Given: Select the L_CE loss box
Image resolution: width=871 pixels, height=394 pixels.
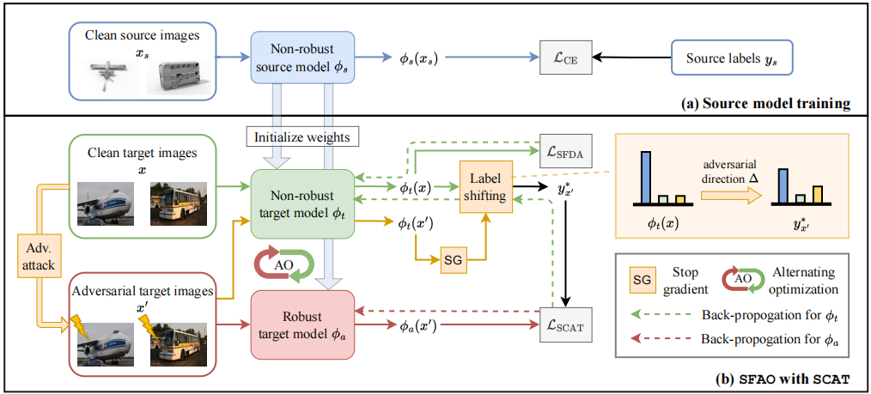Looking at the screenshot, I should [564, 58].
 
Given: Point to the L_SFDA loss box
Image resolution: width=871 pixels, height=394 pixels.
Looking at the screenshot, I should [564, 151].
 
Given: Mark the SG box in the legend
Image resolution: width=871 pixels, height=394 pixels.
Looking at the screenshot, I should [641, 277].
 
